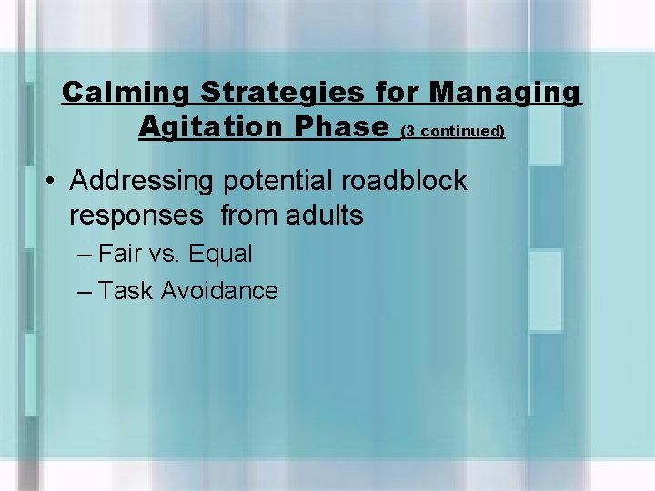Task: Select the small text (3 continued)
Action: [452, 131]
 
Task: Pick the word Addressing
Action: [140, 181]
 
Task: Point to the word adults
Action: [325, 216]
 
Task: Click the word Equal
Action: [220, 255]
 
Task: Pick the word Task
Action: [126, 291]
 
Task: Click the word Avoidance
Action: [219, 291]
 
